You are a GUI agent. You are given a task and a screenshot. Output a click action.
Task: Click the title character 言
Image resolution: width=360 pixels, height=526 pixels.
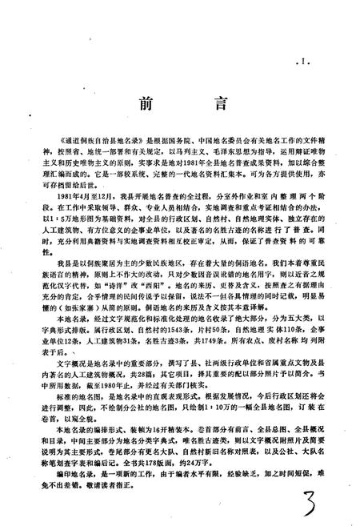coord(210,105)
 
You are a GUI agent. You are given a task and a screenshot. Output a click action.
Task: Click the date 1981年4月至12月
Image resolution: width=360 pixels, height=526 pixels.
coord(85,196)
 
